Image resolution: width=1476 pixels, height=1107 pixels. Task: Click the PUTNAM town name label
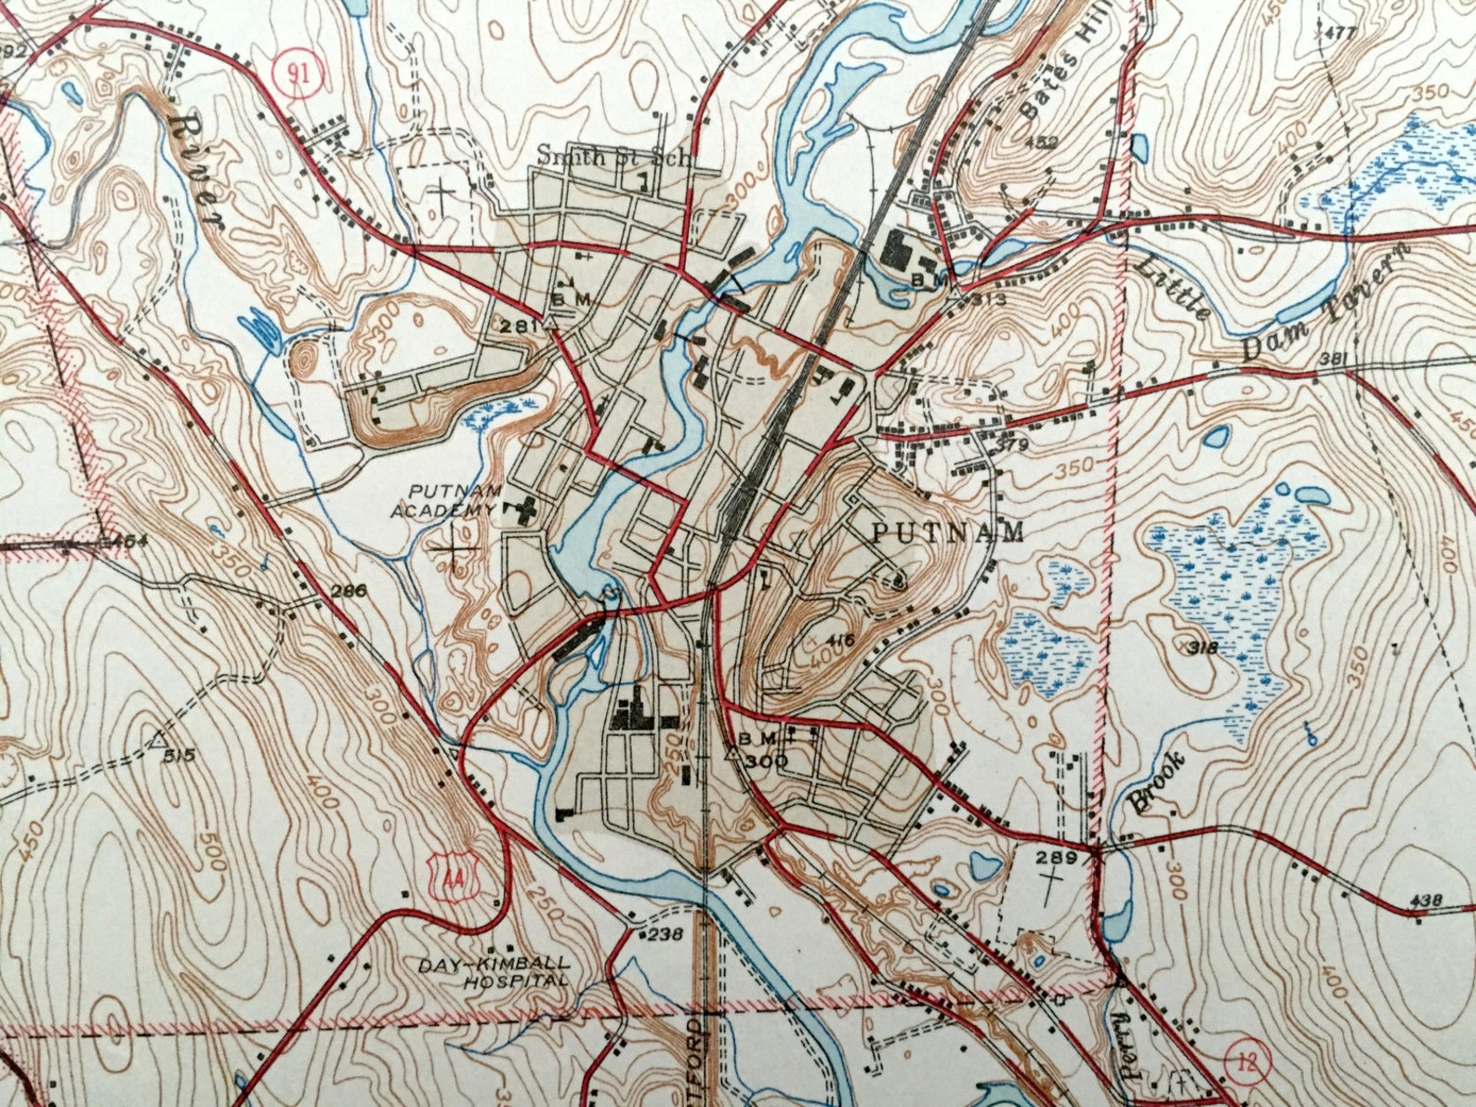point(948,532)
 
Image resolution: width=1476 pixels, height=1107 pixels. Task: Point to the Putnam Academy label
point(445,501)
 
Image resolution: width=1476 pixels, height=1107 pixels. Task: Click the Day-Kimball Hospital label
point(492,972)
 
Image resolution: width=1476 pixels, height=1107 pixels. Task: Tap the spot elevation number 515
point(178,756)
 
